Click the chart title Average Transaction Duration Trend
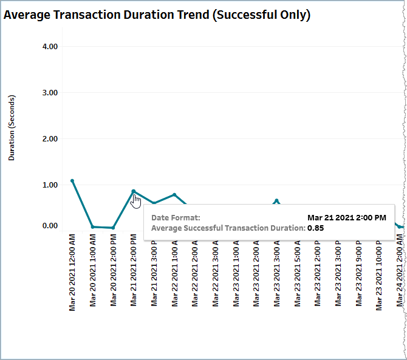(157, 15)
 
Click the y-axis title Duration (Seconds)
(12, 127)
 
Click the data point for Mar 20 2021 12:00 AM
(72, 181)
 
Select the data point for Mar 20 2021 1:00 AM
(92, 227)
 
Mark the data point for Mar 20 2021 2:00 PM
(113, 228)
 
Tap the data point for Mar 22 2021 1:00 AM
(174, 195)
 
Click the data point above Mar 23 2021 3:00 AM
(276, 200)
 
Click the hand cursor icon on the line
(136, 201)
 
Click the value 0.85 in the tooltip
(315, 228)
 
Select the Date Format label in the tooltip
(176, 217)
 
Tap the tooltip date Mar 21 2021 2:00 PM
(346, 217)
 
